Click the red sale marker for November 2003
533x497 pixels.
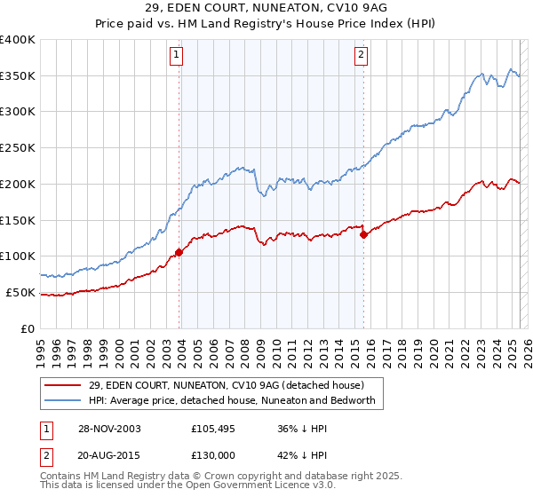coord(179,252)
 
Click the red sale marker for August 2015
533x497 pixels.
coord(363,234)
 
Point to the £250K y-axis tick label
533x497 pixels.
coord(17,147)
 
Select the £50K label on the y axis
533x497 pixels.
coord(20,292)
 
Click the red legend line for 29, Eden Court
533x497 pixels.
coord(64,385)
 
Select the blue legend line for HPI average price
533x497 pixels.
coord(64,401)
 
